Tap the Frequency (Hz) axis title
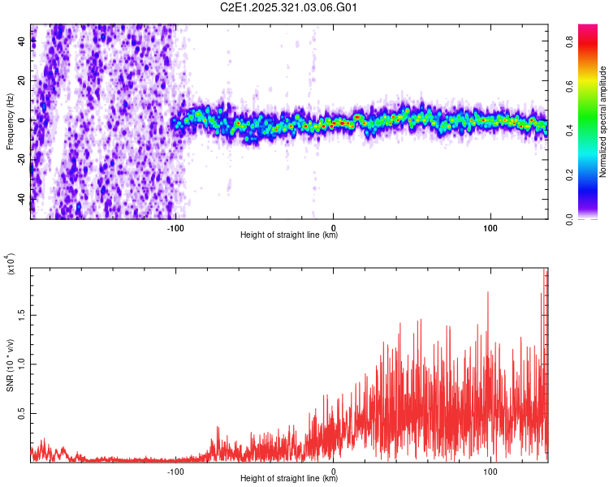(x=10, y=122)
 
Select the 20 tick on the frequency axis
(x=22, y=81)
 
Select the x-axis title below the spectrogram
(x=290, y=235)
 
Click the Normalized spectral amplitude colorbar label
(x=603, y=122)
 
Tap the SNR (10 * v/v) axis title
(x=10, y=365)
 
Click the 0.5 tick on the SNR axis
(x=21, y=413)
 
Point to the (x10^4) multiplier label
(x=10, y=265)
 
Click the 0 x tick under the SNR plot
(x=335, y=470)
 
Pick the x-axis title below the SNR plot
(x=290, y=479)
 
